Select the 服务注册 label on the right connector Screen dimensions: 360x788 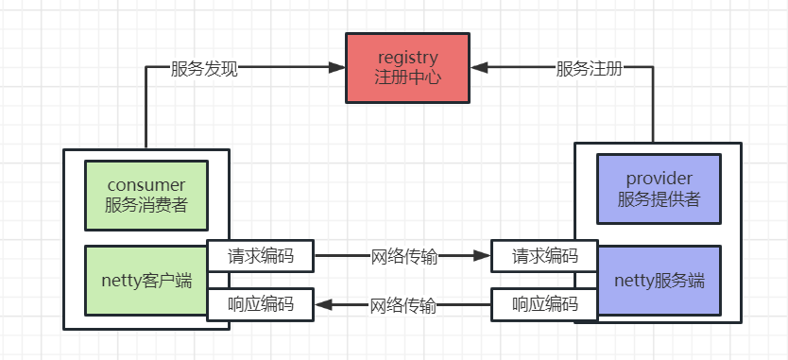589,69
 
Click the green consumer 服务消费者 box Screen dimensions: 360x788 146,195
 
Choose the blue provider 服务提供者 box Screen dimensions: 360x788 659,189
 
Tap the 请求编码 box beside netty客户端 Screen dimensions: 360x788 261,256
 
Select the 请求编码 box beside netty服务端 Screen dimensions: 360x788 544,256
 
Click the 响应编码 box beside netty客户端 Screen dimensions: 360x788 261,304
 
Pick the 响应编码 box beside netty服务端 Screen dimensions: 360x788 544,304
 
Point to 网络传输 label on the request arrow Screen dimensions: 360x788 403,256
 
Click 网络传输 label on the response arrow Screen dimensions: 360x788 403,304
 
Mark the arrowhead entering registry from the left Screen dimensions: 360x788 337,68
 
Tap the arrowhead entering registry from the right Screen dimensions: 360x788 478,68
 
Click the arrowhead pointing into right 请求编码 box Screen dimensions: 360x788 483,256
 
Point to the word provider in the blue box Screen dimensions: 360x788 659,179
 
